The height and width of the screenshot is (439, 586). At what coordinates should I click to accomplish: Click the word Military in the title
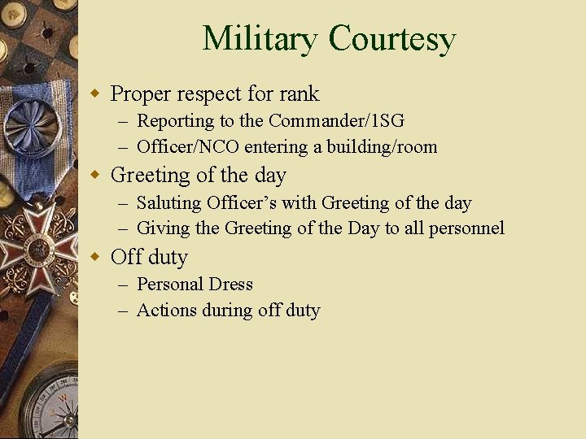point(260,38)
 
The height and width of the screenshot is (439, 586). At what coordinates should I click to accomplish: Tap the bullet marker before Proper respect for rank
point(95,94)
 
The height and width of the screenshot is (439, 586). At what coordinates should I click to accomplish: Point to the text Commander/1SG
point(336,121)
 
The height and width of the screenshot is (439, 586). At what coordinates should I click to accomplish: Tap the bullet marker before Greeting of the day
point(95,176)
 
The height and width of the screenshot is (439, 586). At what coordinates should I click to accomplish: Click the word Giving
point(163,228)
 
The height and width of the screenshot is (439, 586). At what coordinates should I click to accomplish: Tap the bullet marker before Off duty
point(95,258)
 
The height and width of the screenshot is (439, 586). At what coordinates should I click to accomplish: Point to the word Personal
point(169,285)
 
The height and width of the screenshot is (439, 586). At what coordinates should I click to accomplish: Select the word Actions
point(167,311)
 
